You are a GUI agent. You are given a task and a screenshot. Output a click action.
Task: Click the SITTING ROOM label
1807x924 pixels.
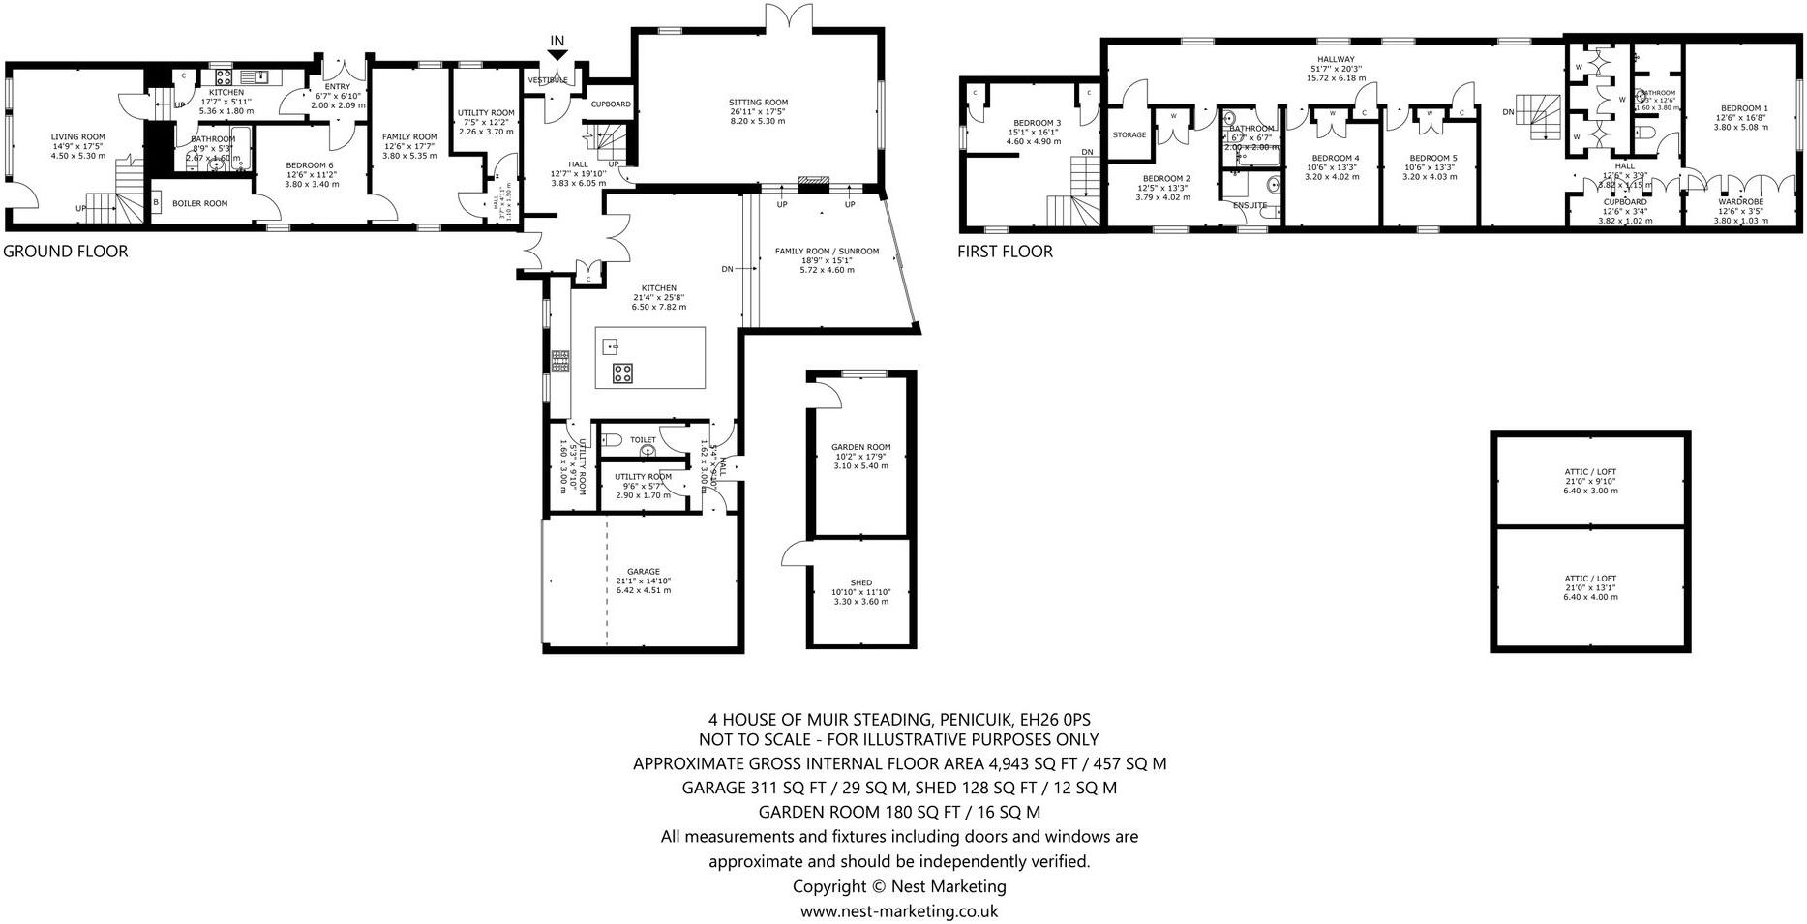click(x=758, y=102)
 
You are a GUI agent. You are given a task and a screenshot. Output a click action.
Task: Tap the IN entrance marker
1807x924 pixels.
click(x=557, y=41)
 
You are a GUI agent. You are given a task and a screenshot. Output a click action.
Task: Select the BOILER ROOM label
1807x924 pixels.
click(x=199, y=203)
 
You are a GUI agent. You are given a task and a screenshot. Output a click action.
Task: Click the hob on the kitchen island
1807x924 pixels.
click(x=622, y=373)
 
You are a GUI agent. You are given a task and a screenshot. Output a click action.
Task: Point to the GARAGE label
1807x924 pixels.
click(x=643, y=571)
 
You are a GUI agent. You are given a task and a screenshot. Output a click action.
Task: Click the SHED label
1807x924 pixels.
click(x=860, y=582)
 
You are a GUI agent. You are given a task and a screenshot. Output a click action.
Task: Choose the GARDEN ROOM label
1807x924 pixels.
click(x=860, y=447)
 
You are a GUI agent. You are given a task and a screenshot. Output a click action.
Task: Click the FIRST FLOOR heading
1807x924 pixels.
click(x=1005, y=252)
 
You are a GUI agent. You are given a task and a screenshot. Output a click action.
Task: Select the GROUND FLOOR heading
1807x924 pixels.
click(x=66, y=252)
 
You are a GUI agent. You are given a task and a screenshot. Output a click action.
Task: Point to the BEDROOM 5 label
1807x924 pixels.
click(x=1432, y=158)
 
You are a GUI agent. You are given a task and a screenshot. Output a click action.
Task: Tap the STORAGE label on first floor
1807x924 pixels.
click(x=1129, y=134)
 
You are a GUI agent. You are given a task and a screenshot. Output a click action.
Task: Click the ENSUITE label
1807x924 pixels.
click(x=1250, y=205)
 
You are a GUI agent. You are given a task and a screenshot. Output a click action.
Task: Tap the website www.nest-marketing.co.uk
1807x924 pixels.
click(x=898, y=910)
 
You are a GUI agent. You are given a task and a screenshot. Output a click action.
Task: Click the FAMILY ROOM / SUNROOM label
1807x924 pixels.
click(x=827, y=252)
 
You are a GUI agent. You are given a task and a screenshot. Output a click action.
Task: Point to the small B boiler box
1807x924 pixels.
click(x=157, y=203)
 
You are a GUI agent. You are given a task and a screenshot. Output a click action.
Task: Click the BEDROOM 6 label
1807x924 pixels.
click(x=311, y=165)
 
